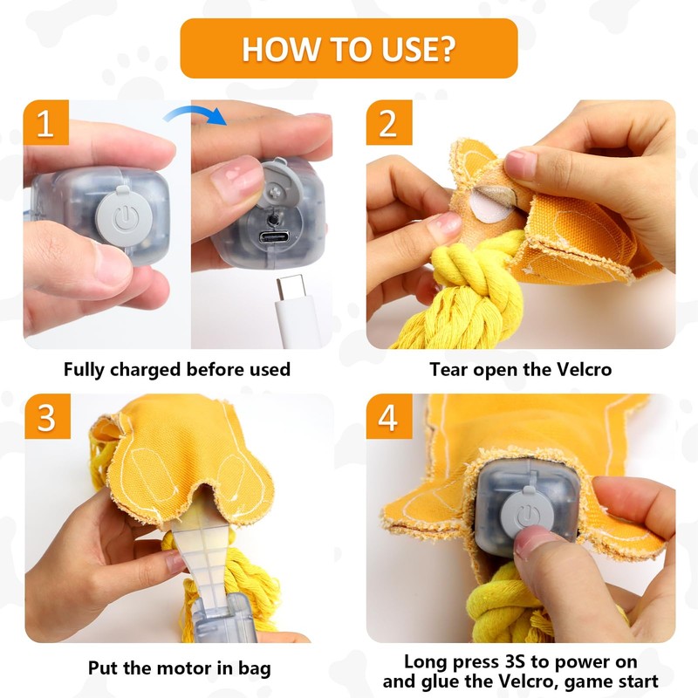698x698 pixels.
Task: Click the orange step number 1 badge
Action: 46,122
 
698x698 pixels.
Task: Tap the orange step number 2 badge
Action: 389,122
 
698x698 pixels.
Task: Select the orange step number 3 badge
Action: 48,416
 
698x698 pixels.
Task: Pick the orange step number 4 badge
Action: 389,416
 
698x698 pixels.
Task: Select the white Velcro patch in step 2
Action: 490,204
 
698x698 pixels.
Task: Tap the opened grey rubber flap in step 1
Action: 278,182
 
